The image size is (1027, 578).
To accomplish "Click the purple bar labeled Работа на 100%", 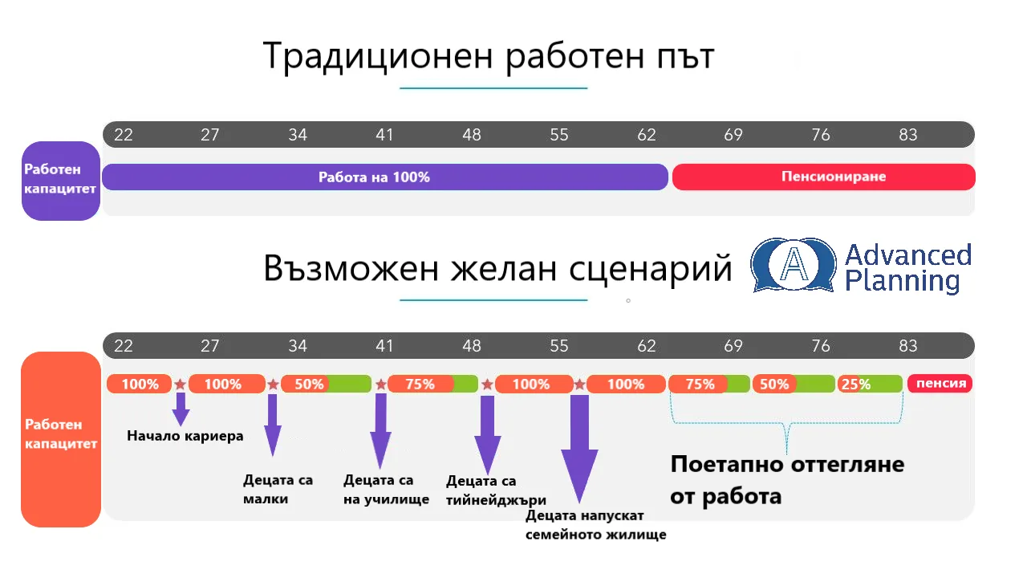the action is point(384,177).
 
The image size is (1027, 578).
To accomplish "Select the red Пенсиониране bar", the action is point(823,177).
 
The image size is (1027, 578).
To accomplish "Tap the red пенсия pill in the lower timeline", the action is point(940,384).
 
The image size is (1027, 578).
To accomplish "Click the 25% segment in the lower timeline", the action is point(870,384).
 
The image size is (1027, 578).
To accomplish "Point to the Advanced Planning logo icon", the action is point(794,265).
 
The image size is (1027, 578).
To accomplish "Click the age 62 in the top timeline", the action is point(647,135).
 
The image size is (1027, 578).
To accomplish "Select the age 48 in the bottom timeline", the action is point(471,346).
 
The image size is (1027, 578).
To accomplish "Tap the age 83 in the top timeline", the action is point(907,135).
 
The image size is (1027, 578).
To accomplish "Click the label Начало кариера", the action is point(185,436).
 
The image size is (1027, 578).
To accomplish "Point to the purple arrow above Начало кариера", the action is point(181,409).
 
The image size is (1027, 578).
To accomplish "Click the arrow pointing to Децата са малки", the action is point(272,425).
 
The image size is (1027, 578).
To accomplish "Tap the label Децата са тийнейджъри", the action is point(496,490).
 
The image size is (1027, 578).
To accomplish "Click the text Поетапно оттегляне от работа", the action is point(787,480).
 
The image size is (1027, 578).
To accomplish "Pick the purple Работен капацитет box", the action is point(61,181).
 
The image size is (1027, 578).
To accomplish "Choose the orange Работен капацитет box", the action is point(61,439).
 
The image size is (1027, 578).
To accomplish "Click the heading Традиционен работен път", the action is point(489,56).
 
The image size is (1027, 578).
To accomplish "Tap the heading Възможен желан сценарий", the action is point(498,269).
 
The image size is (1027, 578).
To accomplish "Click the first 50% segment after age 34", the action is point(326,384).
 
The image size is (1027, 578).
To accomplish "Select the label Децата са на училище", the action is point(386,490).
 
